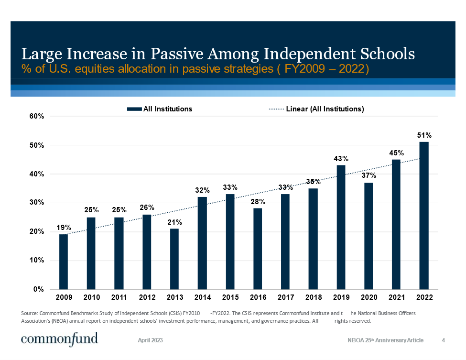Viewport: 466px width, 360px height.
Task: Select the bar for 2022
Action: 424,215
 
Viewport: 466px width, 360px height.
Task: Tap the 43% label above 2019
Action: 341,158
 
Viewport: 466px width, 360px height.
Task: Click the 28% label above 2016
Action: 258,202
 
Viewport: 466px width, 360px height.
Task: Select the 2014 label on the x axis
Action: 203,297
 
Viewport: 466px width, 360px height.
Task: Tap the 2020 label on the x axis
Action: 369,297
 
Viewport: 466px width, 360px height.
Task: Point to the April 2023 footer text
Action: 151,340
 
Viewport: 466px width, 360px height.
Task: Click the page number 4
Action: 444,340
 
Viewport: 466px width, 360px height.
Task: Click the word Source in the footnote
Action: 30,313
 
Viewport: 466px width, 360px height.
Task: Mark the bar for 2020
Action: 368,236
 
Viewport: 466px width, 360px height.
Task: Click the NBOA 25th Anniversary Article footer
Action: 385,340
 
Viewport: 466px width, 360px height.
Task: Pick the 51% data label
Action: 425,135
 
